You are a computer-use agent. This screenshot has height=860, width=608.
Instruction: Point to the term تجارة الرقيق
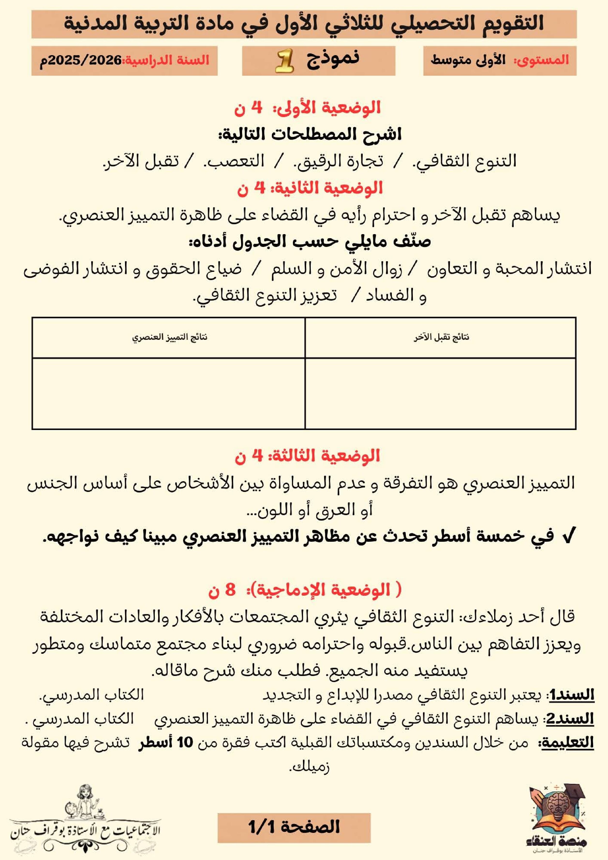tap(339, 161)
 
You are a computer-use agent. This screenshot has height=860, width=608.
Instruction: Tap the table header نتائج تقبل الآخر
tap(441, 337)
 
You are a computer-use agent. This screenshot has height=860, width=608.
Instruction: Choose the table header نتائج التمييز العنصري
tap(169, 337)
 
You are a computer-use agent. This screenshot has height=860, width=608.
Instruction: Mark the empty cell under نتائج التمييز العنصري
tap(169, 393)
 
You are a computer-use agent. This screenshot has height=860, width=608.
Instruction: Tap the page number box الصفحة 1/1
tap(294, 827)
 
